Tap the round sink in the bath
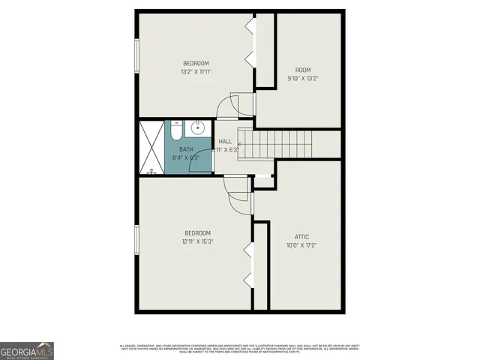pos(199,128)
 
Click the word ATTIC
pos(301,235)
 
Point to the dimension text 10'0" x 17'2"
pos(301,245)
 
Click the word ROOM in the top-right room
pos(303,70)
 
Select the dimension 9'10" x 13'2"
pos(303,79)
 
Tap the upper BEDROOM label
pos(196,63)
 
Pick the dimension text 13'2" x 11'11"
pos(196,72)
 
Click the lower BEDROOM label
pos(197,232)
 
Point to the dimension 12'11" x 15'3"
pos(197,241)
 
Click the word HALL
pos(225,142)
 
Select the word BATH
pos(185,149)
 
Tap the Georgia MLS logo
pos(27,350)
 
